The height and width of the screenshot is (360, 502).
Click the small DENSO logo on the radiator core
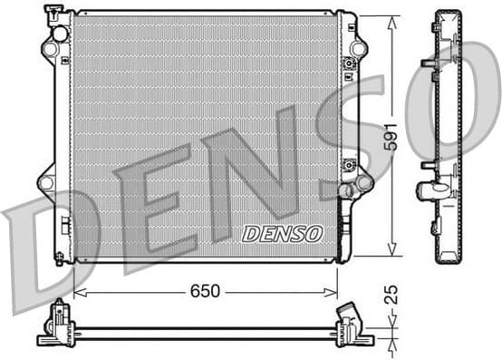point(282,233)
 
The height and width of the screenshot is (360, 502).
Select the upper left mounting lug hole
point(49,48)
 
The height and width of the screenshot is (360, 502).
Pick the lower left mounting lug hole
point(46,182)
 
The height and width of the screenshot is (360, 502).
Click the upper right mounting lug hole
point(358,48)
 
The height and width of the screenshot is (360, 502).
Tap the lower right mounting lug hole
point(364,183)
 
